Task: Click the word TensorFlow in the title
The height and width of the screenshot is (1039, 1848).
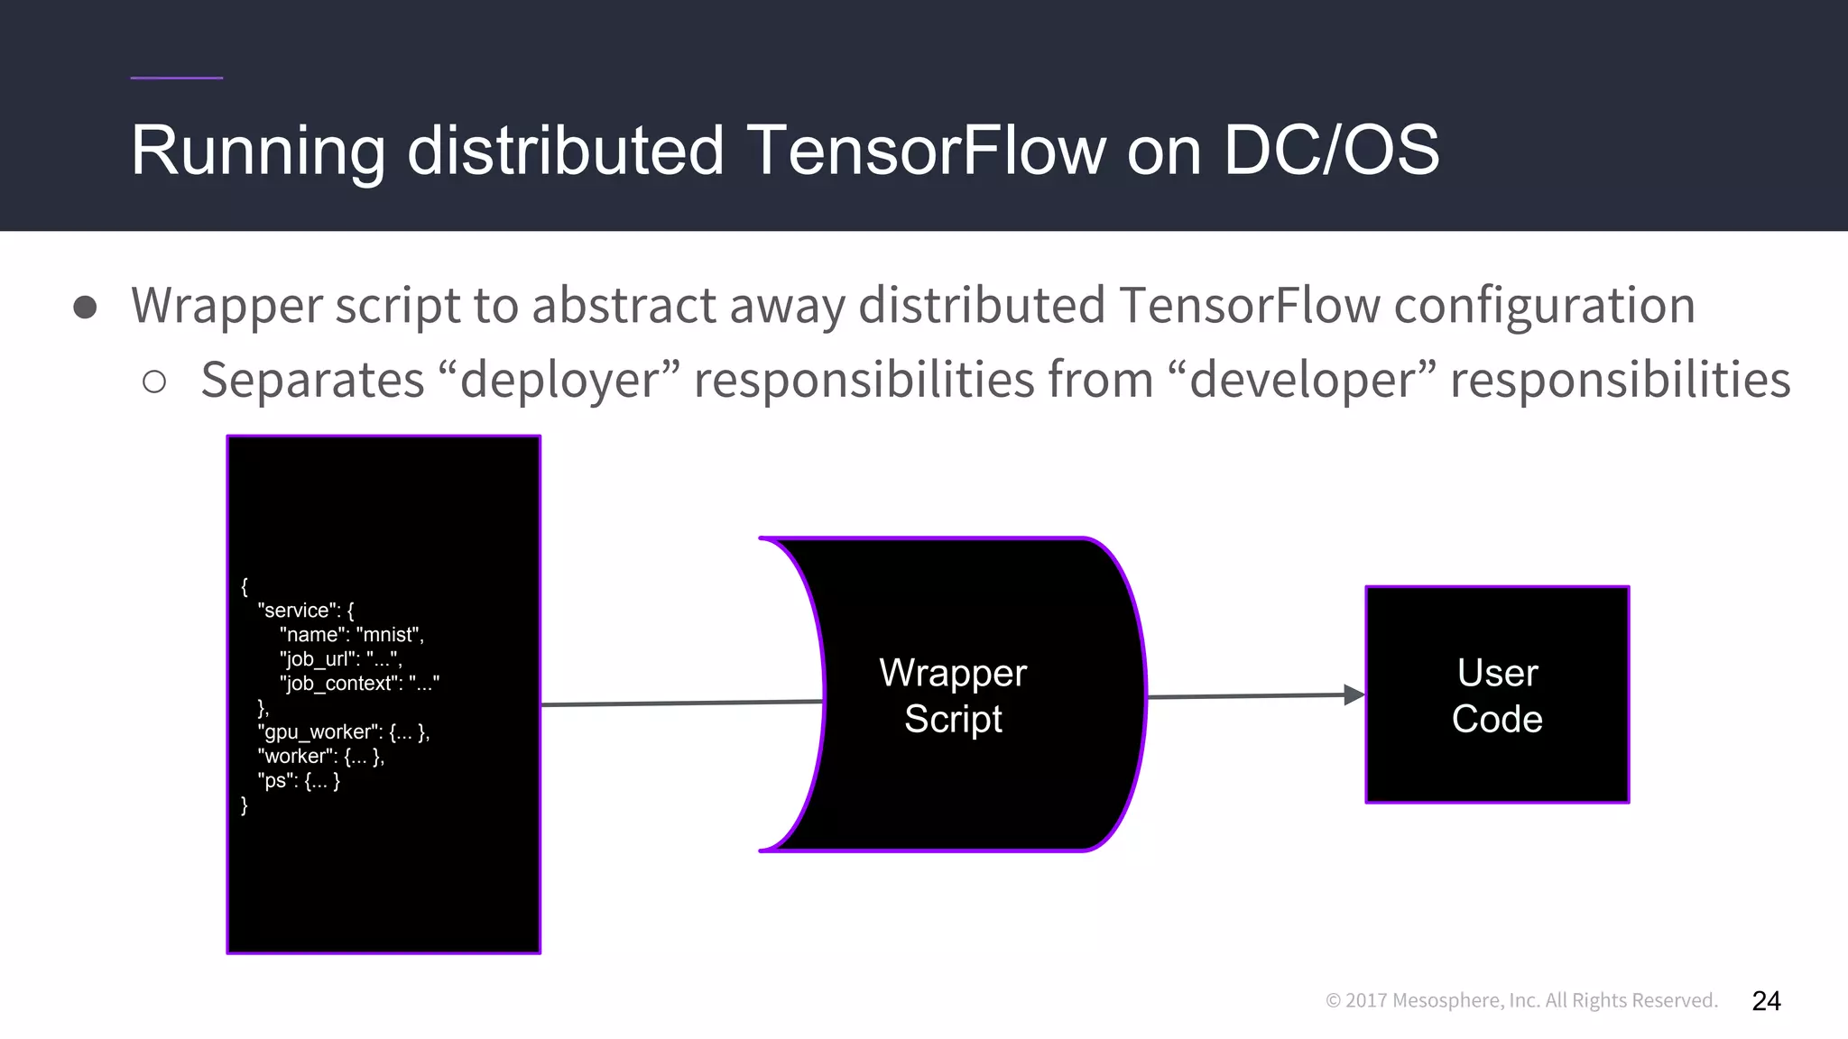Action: [x=926, y=150]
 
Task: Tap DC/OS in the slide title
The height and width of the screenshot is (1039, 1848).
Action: [x=1330, y=150]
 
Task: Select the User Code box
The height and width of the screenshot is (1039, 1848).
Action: [x=1497, y=694]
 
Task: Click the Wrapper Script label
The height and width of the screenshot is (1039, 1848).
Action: [x=953, y=695]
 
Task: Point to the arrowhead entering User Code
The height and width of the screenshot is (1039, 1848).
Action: [x=1354, y=694]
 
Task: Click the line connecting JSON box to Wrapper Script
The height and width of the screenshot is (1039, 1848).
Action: [x=681, y=703]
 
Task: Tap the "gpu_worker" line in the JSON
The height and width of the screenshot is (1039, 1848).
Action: [x=343, y=731]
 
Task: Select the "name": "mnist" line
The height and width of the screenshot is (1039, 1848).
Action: [x=351, y=634]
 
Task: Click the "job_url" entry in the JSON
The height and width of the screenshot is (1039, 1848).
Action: [x=340, y=658]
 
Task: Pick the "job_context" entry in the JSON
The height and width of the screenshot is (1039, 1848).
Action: [x=359, y=683]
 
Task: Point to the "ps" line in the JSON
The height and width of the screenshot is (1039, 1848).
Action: [x=299, y=780]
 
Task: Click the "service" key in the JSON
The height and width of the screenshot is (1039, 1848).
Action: [x=294, y=610]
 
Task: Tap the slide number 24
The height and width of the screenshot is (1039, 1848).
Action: [x=1766, y=1000]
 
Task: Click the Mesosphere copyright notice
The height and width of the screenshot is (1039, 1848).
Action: [x=1521, y=1000]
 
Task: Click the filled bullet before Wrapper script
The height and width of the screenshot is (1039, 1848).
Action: [x=85, y=307]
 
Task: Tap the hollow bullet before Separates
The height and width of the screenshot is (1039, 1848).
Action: [x=154, y=382]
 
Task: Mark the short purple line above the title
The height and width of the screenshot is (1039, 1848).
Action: [x=176, y=78]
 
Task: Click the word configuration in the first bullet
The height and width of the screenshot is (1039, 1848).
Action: [x=1544, y=305]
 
